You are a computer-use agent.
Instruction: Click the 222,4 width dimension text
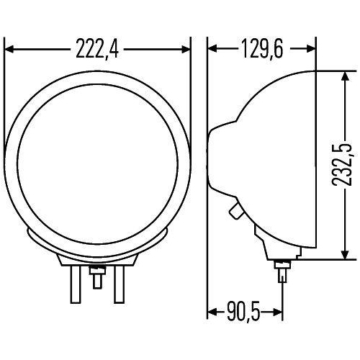click(x=97, y=49)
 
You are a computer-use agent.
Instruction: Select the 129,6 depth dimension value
click(x=262, y=49)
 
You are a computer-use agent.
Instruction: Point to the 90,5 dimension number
click(x=239, y=312)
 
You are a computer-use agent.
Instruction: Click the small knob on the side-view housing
click(x=235, y=212)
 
